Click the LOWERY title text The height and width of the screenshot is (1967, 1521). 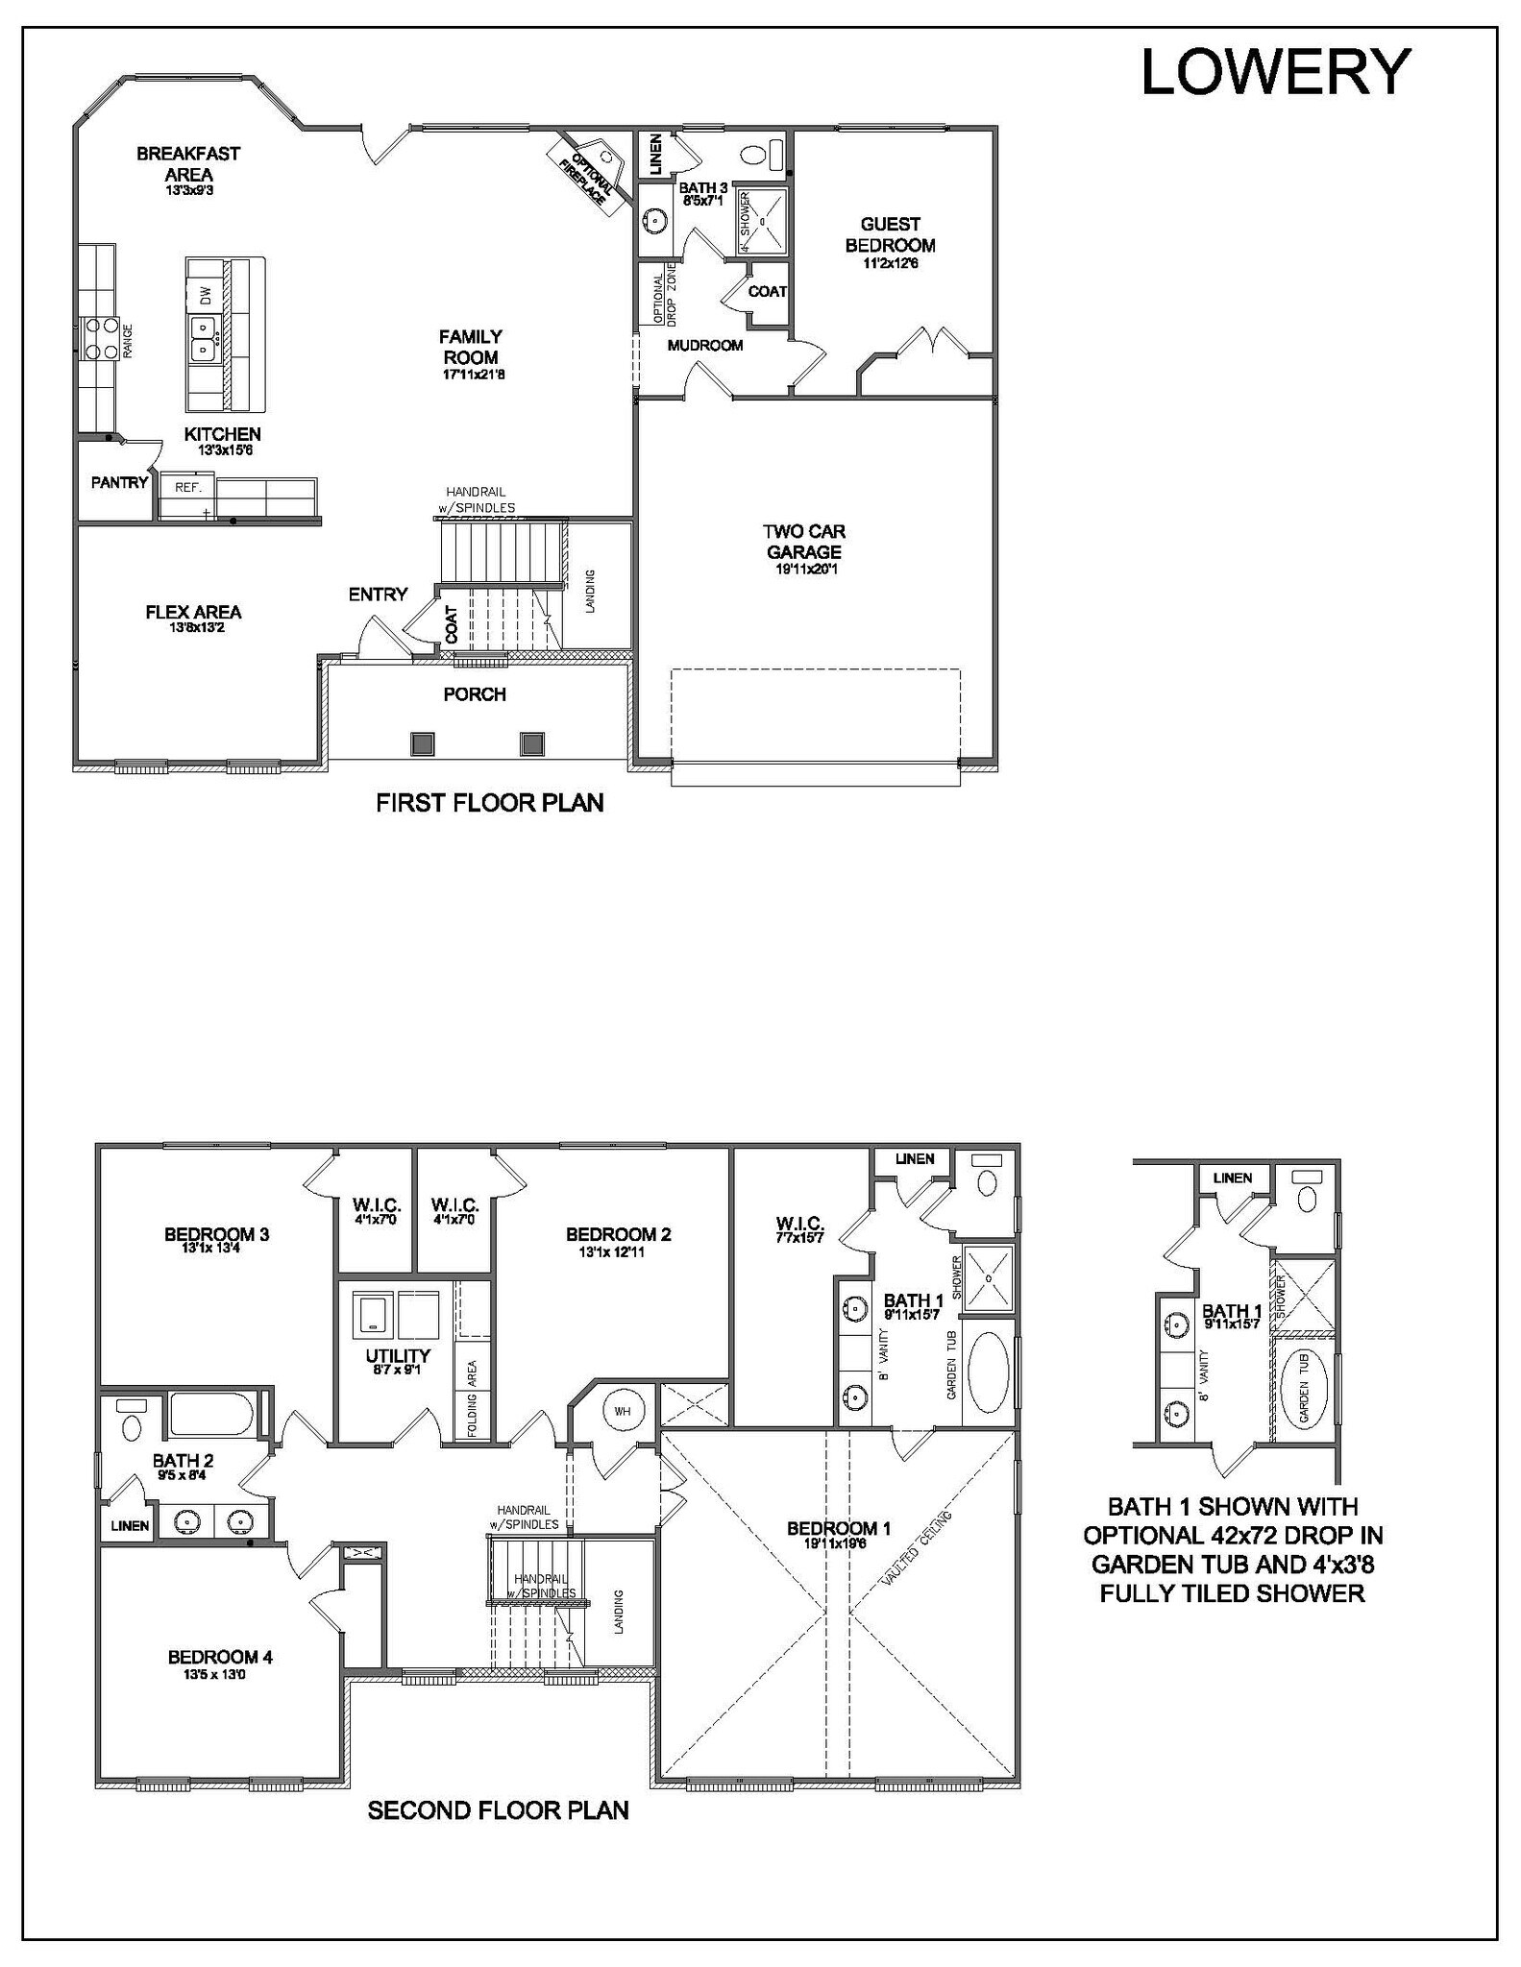[x=1275, y=72]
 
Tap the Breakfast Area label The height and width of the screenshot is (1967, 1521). [x=188, y=164]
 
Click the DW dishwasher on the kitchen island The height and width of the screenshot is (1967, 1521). [x=205, y=295]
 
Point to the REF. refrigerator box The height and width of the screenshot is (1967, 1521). [x=187, y=488]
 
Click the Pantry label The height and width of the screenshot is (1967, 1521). [x=119, y=483]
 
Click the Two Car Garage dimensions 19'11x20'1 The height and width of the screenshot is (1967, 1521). [x=804, y=569]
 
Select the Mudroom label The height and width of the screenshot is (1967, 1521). [x=705, y=346]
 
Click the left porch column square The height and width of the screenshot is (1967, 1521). [x=422, y=743]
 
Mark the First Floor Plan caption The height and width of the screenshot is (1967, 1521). [x=489, y=803]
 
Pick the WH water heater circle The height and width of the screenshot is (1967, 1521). [x=623, y=1411]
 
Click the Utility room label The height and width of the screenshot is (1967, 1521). [x=397, y=1356]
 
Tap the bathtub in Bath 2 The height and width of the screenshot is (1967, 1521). [x=212, y=1415]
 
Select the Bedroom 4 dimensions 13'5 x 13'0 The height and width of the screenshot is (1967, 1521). [x=220, y=1675]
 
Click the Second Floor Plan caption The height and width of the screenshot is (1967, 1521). [x=498, y=1811]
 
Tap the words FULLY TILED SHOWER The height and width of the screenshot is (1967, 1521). [x=1232, y=1593]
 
